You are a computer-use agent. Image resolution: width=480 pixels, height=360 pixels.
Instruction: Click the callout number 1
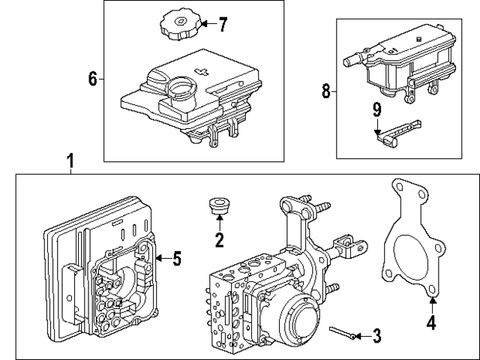[70, 160]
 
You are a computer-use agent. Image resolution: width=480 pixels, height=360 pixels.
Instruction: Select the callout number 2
[219, 241]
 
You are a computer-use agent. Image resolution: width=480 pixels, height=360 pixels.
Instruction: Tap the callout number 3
[376, 336]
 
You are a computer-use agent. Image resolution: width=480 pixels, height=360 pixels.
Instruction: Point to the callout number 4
[431, 325]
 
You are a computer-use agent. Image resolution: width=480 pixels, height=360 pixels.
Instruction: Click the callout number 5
[176, 259]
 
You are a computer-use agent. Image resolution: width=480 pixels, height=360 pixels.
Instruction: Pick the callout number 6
[93, 79]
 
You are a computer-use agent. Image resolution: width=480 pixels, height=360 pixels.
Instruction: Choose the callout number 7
[222, 24]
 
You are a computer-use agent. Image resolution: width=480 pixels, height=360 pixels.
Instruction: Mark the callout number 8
[325, 91]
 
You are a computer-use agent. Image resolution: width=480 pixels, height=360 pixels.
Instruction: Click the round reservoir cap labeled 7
[178, 24]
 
